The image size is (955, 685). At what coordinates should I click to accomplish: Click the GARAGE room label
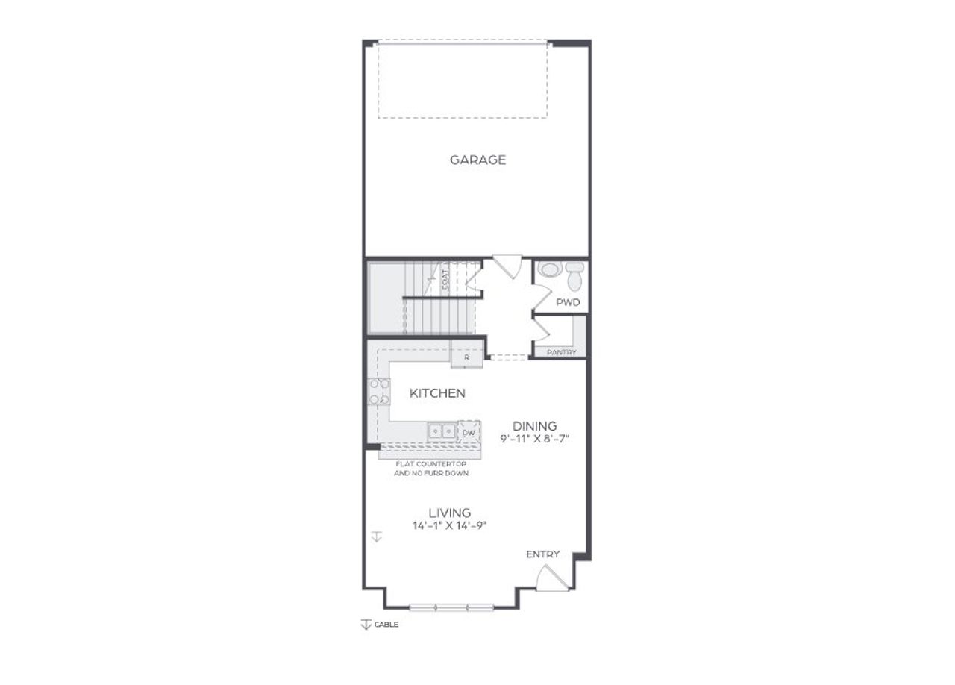pos(477,160)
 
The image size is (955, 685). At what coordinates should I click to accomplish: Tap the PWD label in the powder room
pos(568,303)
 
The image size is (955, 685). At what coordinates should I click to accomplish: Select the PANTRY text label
pos(561,352)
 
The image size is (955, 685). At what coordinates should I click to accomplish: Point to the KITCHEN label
pos(437,393)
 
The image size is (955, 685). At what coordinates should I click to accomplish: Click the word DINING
pos(534,427)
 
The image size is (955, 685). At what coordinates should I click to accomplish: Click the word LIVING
pos(449,513)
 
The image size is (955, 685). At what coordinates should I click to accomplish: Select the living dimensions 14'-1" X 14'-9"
pos(449,525)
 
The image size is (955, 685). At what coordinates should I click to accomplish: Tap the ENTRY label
pos(542,554)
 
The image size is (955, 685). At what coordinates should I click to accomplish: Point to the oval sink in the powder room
pos(549,269)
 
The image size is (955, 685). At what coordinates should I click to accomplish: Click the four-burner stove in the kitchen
pos(379,392)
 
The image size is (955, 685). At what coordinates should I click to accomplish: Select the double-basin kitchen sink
pos(442,431)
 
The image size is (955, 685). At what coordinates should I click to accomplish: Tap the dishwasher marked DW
pos(469,432)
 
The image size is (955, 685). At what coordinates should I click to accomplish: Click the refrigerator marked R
pos(466,357)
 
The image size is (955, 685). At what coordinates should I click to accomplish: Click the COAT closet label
pos(445,281)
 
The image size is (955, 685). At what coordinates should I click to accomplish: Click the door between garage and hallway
pos(507,266)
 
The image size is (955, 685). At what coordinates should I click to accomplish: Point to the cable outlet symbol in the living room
pos(377,537)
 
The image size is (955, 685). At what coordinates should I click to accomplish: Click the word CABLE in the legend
pos(386,625)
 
